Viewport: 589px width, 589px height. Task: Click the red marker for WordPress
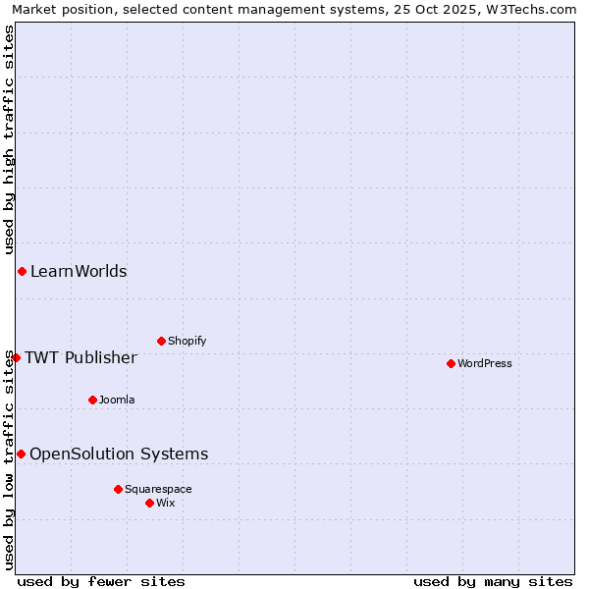pyautogui.click(x=451, y=363)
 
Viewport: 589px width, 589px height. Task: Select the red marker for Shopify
pyautogui.click(x=161, y=341)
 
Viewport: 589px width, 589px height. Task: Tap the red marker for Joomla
pyautogui.click(x=92, y=400)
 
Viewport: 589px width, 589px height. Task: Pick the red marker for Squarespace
pyautogui.click(x=118, y=489)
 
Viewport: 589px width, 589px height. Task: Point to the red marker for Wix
pyautogui.click(x=149, y=503)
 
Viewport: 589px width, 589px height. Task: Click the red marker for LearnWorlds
pyautogui.click(x=22, y=271)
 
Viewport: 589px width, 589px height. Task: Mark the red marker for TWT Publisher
pyautogui.click(x=16, y=357)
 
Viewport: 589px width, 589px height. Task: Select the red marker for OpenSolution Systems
pyautogui.click(x=21, y=454)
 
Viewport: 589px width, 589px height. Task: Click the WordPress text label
pyautogui.click(x=485, y=364)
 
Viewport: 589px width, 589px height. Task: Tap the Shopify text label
pyautogui.click(x=187, y=342)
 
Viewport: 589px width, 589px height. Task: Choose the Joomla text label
pyautogui.click(x=117, y=401)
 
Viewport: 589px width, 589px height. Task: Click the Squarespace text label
pyautogui.click(x=158, y=490)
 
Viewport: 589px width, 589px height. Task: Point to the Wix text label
pyautogui.click(x=166, y=504)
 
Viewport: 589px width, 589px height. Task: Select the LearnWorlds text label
pyautogui.click(x=79, y=272)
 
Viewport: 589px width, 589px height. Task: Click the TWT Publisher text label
pyautogui.click(x=80, y=357)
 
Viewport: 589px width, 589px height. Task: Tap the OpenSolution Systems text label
pyautogui.click(x=119, y=454)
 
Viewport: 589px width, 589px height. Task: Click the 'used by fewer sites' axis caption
pyautogui.click(x=101, y=581)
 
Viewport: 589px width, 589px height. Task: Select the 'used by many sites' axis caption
pyautogui.click(x=493, y=581)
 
